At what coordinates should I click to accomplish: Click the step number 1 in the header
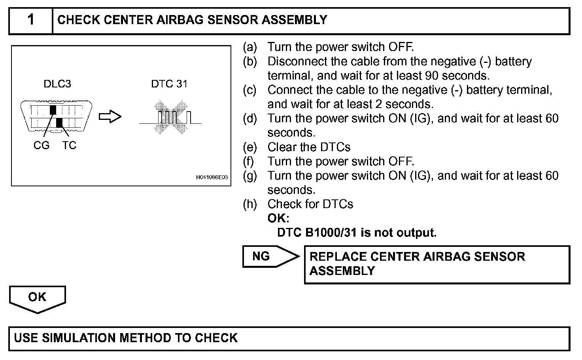tap(30, 20)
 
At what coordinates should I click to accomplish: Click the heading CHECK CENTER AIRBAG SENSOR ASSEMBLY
tap(192, 20)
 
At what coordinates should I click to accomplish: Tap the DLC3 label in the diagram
tap(57, 84)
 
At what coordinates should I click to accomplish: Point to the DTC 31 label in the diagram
tap(169, 84)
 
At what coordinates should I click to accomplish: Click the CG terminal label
tap(42, 146)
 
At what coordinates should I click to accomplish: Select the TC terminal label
tap(69, 146)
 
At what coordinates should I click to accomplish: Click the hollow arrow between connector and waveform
tap(110, 117)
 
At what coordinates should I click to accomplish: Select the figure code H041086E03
tap(212, 178)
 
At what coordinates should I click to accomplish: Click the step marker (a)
tap(250, 47)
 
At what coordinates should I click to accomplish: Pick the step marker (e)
tap(250, 147)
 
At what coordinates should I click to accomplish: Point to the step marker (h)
tap(250, 204)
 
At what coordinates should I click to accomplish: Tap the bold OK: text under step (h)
tap(278, 218)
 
